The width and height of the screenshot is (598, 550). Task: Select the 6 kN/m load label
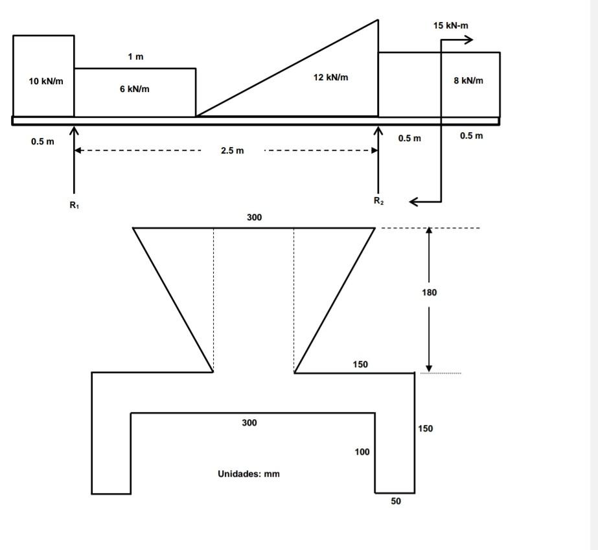point(134,89)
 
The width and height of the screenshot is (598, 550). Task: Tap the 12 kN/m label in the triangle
point(330,78)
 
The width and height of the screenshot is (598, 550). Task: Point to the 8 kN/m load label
point(468,81)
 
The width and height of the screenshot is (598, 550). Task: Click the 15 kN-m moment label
point(451,26)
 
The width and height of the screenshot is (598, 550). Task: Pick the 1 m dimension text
point(135,57)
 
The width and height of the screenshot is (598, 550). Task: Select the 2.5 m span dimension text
point(232,151)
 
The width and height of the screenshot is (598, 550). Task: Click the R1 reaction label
point(75,205)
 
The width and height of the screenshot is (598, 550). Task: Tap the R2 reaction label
point(378,201)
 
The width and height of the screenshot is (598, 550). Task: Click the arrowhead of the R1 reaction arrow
point(75,130)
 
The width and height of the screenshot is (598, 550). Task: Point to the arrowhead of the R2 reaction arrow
point(378,130)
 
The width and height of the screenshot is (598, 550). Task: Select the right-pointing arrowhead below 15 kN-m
point(469,40)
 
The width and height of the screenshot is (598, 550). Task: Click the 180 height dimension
point(429,293)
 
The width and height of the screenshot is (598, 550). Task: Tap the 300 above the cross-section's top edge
point(254,218)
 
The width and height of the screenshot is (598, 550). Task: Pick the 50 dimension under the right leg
point(396,501)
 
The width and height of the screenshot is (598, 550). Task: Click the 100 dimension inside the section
point(362,452)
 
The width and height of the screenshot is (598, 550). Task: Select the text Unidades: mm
point(249,474)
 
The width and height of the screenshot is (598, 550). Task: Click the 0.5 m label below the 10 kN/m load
point(43,142)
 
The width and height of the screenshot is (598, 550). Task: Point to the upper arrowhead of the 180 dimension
point(429,231)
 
